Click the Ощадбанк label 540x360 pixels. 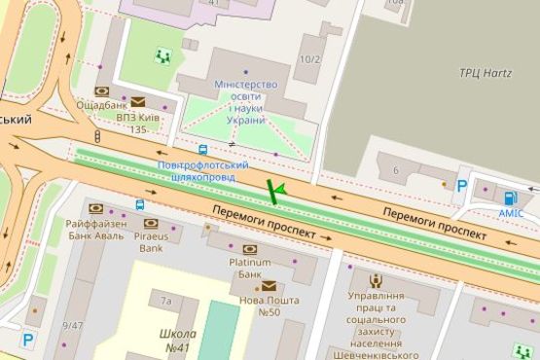pyautogui.click(x=100, y=105)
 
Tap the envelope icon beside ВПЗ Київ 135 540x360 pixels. pyautogui.click(x=138, y=101)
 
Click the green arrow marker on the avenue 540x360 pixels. pyautogui.click(x=275, y=191)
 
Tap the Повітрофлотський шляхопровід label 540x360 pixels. pyautogui.click(x=204, y=172)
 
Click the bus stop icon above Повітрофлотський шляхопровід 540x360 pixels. pyautogui.click(x=202, y=150)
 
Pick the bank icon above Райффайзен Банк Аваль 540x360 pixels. pyautogui.click(x=95, y=208)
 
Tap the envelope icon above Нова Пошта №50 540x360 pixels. pyautogui.click(x=267, y=286)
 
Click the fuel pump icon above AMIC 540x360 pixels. pyautogui.click(x=511, y=198)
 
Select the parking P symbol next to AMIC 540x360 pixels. pyautogui.click(x=462, y=185)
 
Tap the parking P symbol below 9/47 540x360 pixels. pyautogui.click(x=28, y=340)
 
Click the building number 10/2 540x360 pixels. pyautogui.click(x=309, y=60)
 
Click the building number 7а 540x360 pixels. pyautogui.click(x=166, y=302)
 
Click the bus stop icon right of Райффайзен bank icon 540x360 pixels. pyautogui.click(x=141, y=205)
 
